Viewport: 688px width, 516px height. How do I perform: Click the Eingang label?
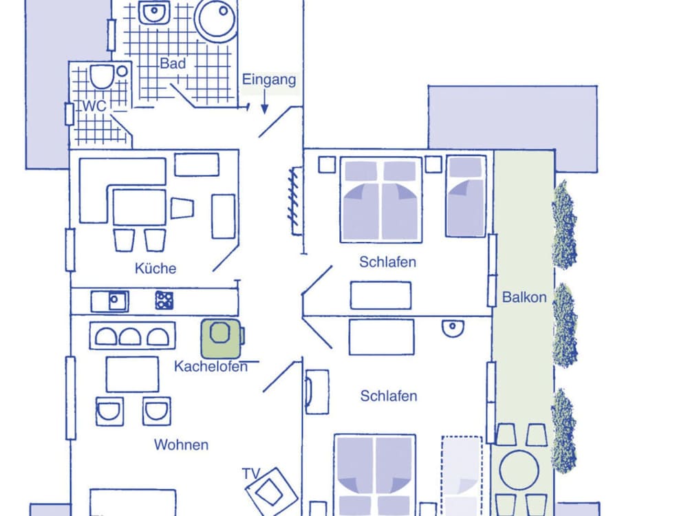click(269, 79)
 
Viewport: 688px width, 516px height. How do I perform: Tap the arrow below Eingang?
click(265, 102)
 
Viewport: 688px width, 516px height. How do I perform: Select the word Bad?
click(173, 63)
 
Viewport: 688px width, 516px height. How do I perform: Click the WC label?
click(94, 106)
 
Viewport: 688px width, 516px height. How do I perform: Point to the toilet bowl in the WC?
click(102, 77)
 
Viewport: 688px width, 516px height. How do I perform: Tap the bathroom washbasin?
click(154, 12)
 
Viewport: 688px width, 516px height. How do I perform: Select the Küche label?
click(155, 268)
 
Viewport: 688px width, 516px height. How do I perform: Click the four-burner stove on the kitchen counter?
click(164, 301)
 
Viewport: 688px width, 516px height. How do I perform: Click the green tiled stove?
click(221, 338)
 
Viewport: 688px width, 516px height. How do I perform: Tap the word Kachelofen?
click(211, 367)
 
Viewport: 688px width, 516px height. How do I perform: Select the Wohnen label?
click(181, 444)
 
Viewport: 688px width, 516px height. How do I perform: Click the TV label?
click(251, 473)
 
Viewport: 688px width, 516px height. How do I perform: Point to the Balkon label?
click(524, 297)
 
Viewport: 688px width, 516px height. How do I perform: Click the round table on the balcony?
click(519, 471)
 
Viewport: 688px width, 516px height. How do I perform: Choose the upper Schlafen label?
click(387, 262)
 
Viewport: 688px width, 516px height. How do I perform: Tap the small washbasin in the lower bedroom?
click(453, 327)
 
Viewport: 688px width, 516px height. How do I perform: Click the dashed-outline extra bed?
click(462, 475)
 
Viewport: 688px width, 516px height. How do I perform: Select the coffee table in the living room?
click(133, 374)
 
